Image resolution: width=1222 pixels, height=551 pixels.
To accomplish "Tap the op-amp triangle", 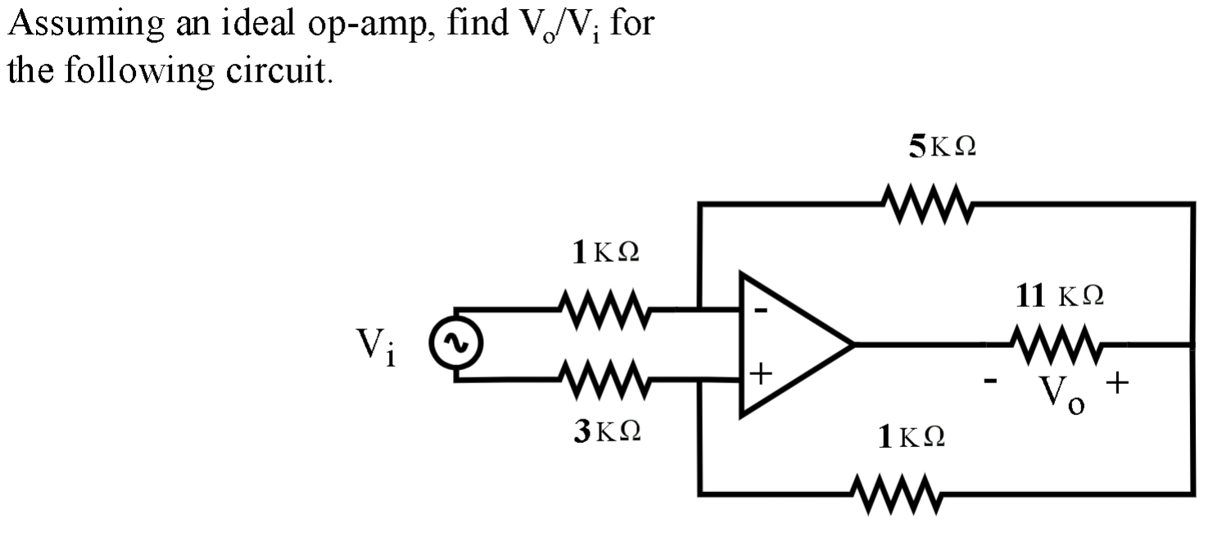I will click(x=786, y=345).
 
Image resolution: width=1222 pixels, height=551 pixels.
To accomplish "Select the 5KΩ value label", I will click(x=942, y=147).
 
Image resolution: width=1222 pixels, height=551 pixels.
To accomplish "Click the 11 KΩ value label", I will click(x=1060, y=296).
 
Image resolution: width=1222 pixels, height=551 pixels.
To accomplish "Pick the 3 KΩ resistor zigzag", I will click(x=604, y=379).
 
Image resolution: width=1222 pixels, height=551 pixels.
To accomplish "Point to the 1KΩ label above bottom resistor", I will click(x=911, y=438).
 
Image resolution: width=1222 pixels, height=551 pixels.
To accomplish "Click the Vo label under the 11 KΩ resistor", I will click(x=1063, y=397).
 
